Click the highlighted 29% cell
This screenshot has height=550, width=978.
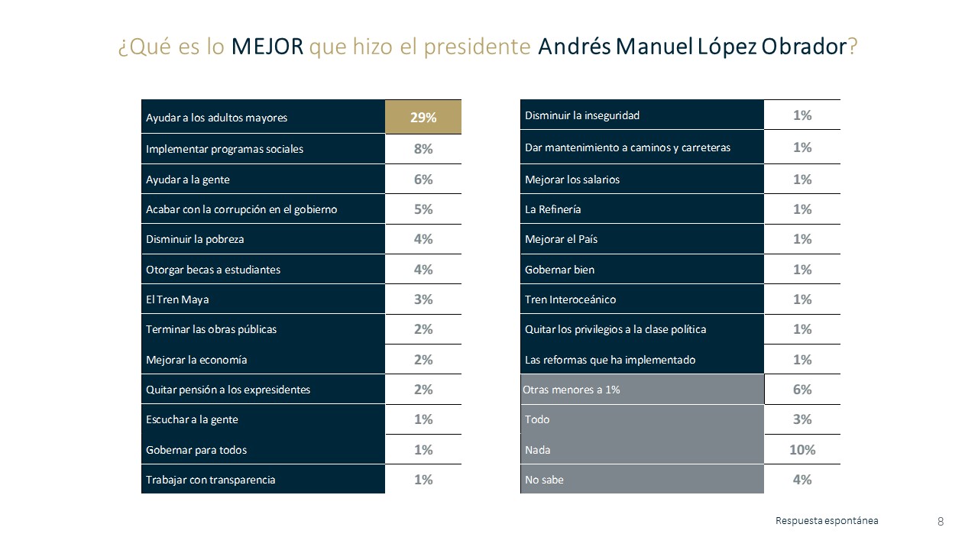(423, 118)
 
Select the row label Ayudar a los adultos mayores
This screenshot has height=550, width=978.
(216, 118)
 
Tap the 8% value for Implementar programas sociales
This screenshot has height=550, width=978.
(423, 149)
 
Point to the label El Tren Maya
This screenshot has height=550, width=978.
(176, 299)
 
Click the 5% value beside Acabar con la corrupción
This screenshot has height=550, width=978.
(423, 209)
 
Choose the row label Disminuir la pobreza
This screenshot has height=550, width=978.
(195, 239)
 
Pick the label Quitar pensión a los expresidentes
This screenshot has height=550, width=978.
(228, 390)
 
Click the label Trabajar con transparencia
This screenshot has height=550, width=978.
(210, 480)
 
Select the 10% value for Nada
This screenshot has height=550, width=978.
(802, 450)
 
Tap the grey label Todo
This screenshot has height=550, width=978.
(537, 419)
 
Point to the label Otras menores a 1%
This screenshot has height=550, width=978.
(572, 390)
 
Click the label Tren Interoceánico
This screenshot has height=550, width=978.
(570, 299)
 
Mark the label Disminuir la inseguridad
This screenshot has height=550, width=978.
(581, 115)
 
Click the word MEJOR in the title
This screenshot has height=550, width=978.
(267, 47)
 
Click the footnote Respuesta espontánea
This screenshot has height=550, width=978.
(827, 521)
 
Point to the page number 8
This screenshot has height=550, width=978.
(940, 522)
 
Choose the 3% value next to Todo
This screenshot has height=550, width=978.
(802, 419)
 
